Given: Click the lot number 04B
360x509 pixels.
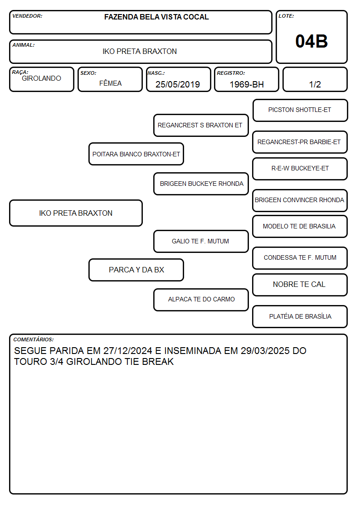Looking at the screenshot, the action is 311,41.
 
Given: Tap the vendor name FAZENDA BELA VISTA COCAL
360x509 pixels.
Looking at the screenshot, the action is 156,17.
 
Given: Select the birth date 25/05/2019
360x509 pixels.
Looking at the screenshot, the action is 178,84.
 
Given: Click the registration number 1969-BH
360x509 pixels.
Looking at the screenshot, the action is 247,84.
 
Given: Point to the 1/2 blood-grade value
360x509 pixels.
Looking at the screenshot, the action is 315,84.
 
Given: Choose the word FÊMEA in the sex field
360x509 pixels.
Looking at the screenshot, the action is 110,83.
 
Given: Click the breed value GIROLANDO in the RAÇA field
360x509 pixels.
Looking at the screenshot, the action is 42,78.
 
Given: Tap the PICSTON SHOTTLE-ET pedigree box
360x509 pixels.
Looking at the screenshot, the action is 300,111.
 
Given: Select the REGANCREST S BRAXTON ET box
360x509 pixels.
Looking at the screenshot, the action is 201,125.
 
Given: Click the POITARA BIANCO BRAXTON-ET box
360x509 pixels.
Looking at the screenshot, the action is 136,154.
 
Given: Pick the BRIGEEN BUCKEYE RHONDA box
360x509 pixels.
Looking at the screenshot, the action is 201,184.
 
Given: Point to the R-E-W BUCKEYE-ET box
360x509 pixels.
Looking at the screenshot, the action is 300,169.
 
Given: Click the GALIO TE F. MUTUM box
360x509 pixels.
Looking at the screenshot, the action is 201,241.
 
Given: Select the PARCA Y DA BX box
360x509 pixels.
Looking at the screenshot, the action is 136,270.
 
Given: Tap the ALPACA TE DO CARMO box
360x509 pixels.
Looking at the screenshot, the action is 201,300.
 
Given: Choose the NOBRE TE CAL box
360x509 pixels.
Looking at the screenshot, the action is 300,285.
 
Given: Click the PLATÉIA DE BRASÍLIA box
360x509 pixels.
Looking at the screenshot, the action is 300,316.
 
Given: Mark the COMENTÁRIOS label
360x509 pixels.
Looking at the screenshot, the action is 34,339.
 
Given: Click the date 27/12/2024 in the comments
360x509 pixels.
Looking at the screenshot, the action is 127,350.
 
